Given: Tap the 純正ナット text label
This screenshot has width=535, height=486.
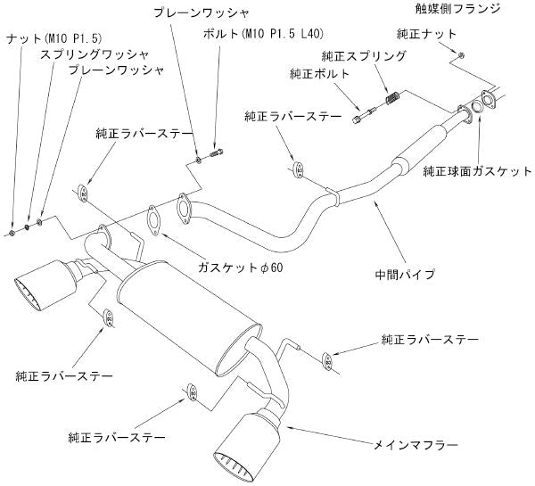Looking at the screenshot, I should coord(428,33).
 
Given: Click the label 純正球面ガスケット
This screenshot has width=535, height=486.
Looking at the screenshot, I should coord(476,171).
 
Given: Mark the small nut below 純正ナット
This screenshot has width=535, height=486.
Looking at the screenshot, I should coord(459,56).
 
